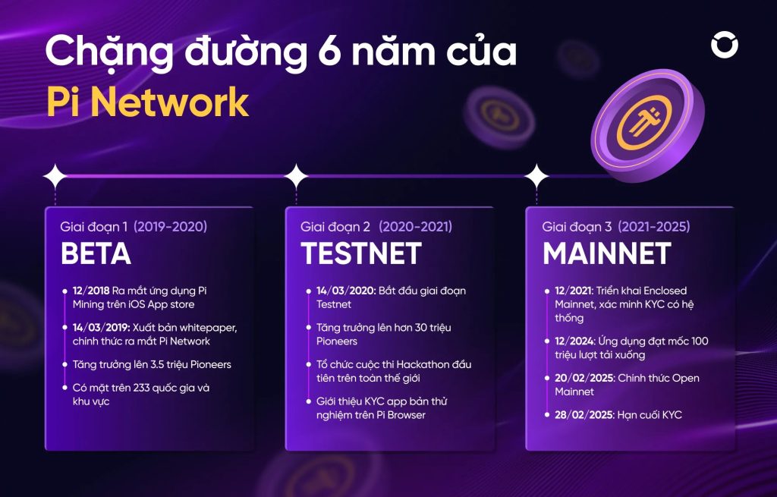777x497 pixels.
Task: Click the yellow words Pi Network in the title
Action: tap(147, 102)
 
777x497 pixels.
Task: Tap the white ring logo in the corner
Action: tap(725, 45)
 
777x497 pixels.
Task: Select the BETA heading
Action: tap(96, 253)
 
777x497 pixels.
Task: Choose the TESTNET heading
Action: tap(360, 253)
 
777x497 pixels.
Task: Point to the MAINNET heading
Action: tap(607, 253)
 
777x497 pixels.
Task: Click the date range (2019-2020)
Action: tap(171, 227)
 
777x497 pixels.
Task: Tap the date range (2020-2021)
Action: tap(415, 227)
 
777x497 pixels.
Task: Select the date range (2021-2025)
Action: tap(653, 227)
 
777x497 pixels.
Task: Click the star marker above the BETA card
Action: tap(55, 176)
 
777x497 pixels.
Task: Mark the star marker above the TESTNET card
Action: tap(296, 176)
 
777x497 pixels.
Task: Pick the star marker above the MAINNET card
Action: tap(536, 176)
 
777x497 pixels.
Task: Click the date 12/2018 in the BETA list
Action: tap(91, 291)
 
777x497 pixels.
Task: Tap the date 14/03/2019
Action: tap(101, 328)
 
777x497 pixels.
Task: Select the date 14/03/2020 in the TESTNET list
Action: tap(346, 291)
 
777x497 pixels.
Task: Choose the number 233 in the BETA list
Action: tap(141, 388)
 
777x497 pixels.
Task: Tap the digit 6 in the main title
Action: tap(328, 52)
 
